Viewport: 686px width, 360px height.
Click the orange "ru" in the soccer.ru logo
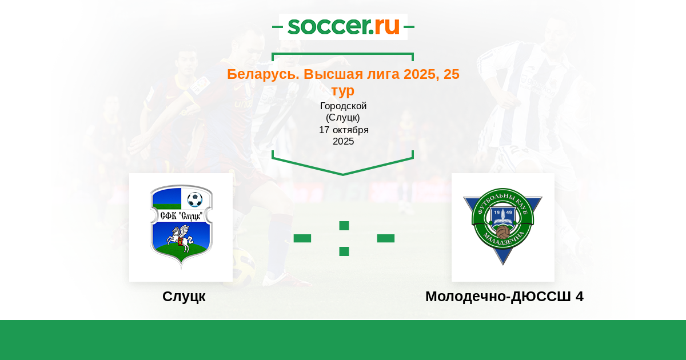tap(387, 26)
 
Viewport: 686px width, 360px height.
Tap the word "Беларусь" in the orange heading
tap(263, 74)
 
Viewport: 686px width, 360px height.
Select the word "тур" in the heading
tap(343, 91)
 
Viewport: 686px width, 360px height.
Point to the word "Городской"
tap(344, 106)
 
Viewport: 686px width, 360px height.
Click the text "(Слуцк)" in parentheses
tap(343, 118)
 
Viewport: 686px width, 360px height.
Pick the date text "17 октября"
tap(344, 130)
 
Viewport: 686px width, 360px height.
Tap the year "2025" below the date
tap(344, 142)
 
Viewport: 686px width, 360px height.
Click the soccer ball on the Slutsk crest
tap(195, 199)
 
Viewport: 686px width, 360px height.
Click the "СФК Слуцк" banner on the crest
tap(181, 216)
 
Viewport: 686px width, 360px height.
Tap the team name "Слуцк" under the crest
tap(184, 297)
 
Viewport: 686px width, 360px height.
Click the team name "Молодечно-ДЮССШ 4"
tap(504, 297)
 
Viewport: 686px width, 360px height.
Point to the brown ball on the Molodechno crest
tap(502, 232)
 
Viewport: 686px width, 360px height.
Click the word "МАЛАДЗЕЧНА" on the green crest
tap(503, 239)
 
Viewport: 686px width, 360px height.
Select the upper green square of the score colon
tap(344, 226)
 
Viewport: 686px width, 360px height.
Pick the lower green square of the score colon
tap(344, 251)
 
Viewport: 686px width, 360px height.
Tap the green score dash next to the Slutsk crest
tap(302, 238)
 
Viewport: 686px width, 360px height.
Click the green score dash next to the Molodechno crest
tap(385, 238)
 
